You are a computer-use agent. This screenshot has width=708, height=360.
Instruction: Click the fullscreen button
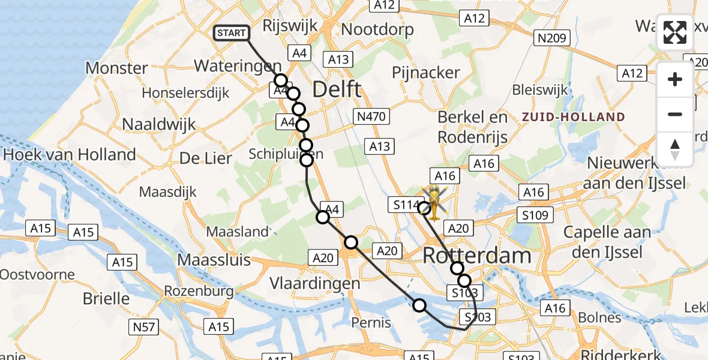click(675, 32)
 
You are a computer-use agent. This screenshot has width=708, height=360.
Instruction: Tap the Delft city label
click(337, 90)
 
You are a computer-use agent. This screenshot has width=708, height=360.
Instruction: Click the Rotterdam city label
click(477, 256)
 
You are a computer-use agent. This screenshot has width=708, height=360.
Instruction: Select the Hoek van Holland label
click(70, 155)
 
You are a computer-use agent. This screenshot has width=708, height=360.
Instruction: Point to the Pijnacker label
click(425, 73)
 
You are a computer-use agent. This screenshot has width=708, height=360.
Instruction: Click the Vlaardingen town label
click(315, 283)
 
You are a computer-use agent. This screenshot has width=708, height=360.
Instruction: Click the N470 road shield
click(373, 116)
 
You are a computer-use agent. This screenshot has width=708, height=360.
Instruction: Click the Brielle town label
click(107, 298)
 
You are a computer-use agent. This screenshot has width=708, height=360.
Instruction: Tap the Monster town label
click(116, 68)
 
